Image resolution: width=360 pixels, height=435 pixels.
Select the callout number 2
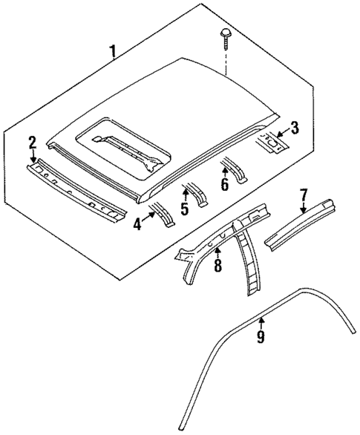pos(32,142)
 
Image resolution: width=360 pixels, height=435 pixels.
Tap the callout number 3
pos(295,128)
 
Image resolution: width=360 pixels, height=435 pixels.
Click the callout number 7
pos(303,195)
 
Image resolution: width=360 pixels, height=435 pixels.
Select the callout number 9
pos(261,336)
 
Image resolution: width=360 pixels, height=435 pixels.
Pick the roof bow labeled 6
pos(238,169)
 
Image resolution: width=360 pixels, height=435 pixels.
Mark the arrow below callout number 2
pos(32,157)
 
